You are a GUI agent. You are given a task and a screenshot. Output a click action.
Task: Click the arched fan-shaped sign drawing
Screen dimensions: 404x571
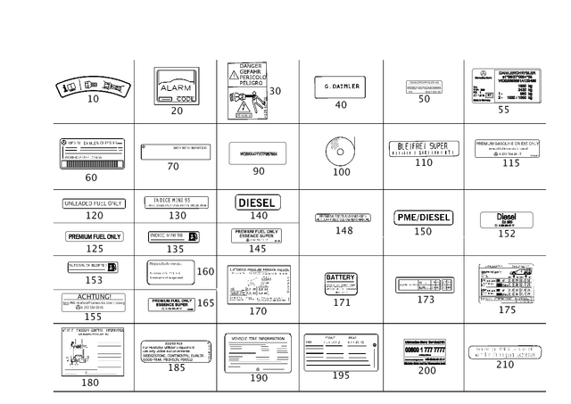91,87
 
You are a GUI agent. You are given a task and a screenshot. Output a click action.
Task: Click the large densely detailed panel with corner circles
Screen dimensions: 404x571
504,87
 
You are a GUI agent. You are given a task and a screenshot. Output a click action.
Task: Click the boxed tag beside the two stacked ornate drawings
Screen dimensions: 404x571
277,90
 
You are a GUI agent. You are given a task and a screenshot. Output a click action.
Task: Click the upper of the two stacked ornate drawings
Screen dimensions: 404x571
250,71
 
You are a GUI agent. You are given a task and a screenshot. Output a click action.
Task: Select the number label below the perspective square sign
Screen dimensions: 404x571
177,111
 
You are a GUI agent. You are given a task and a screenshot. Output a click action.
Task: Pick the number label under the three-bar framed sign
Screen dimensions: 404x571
426,370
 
